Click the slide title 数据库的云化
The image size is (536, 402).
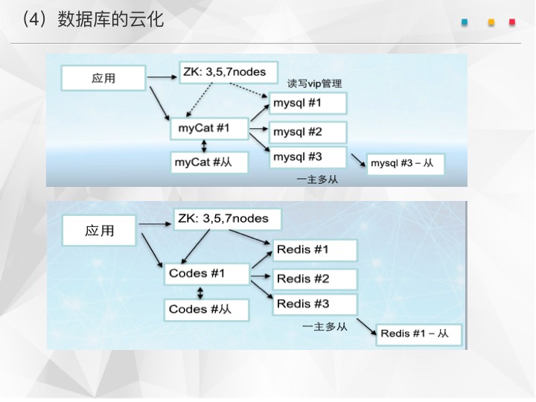tap(110, 19)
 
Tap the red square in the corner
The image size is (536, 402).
tap(512, 22)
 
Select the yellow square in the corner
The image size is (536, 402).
tap(491, 22)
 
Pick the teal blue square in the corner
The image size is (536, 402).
tap(465, 22)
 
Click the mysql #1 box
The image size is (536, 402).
tap(308, 103)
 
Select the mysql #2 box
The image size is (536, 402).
tap(308, 133)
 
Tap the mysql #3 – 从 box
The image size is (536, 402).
tap(406, 165)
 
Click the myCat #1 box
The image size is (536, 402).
tap(209, 129)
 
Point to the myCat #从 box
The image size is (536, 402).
tap(209, 162)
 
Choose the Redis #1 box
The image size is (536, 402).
tap(315, 250)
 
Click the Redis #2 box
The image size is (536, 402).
tap(315, 279)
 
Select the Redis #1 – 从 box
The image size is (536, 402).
tap(418, 335)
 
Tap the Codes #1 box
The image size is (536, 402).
tap(207, 274)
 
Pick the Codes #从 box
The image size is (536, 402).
tap(207, 310)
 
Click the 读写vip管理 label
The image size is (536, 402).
tap(314, 83)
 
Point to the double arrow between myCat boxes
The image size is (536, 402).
tap(204, 146)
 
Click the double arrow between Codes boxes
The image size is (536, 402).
tap(200, 293)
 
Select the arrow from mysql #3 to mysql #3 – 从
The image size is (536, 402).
tap(358, 160)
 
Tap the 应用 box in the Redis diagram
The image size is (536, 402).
tap(99, 231)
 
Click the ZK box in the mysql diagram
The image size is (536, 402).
tap(229, 72)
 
